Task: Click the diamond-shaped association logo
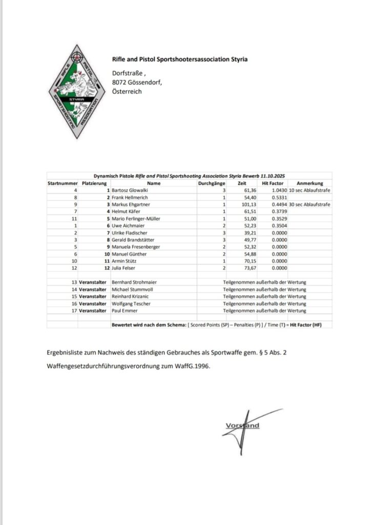click(x=76, y=92)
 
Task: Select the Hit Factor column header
click(x=273, y=183)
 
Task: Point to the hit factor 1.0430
click(x=277, y=190)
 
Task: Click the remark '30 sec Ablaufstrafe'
click(x=310, y=204)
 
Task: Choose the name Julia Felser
click(x=123, y=268)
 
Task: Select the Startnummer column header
click(x=62, y=183)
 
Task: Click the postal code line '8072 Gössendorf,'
click(x=137, y=83)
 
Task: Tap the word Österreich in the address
click(x=127, y=92)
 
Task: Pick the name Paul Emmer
click(x=124, y=311)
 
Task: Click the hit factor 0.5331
click(x=277, y=197)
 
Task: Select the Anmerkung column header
click(x=310, y=183)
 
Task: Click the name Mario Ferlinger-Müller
click(x=136, y=218)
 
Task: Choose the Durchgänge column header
click(x=212, y=183)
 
